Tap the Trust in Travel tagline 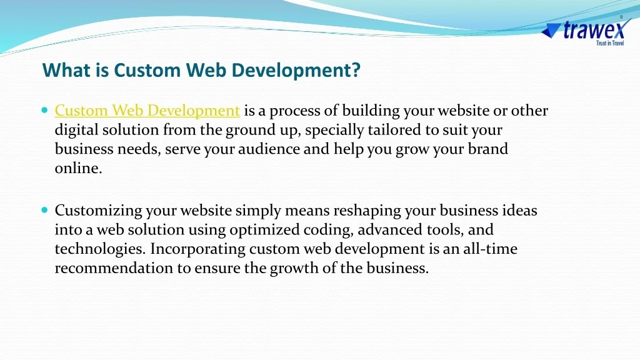tap(610, 43)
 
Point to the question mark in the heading tap(356, 70)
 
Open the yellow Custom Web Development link tap(147, 111)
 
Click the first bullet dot tap(44, 110)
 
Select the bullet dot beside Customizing tap(44, 210)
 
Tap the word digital tap(76, 130)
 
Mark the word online tap(78, 168)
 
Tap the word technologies tap(100, 249)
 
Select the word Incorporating tap(197, 249)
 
